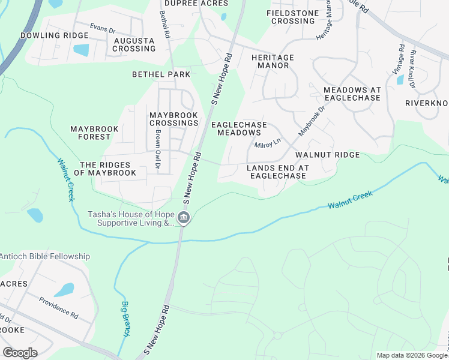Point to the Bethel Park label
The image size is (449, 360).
pyautogui.click(x=161, y=74)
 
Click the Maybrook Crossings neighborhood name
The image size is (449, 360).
pyautogui.click(x=173, y=119)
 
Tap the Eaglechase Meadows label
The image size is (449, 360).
pyautogui.click(x=239, y=128)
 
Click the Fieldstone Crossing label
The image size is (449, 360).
pyautogui.click(x=292, y=17)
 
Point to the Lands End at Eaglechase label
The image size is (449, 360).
pyautogui.click(x=278, y=172)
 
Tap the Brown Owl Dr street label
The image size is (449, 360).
pyautogui.click(x=158, y=145)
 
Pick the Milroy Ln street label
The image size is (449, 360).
pyautogui.click(x=267, y=144)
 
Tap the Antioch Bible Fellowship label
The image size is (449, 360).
pyautogui.click(x=45, y=256)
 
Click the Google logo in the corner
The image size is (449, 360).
pyautogui.click(x=20, y=352)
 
